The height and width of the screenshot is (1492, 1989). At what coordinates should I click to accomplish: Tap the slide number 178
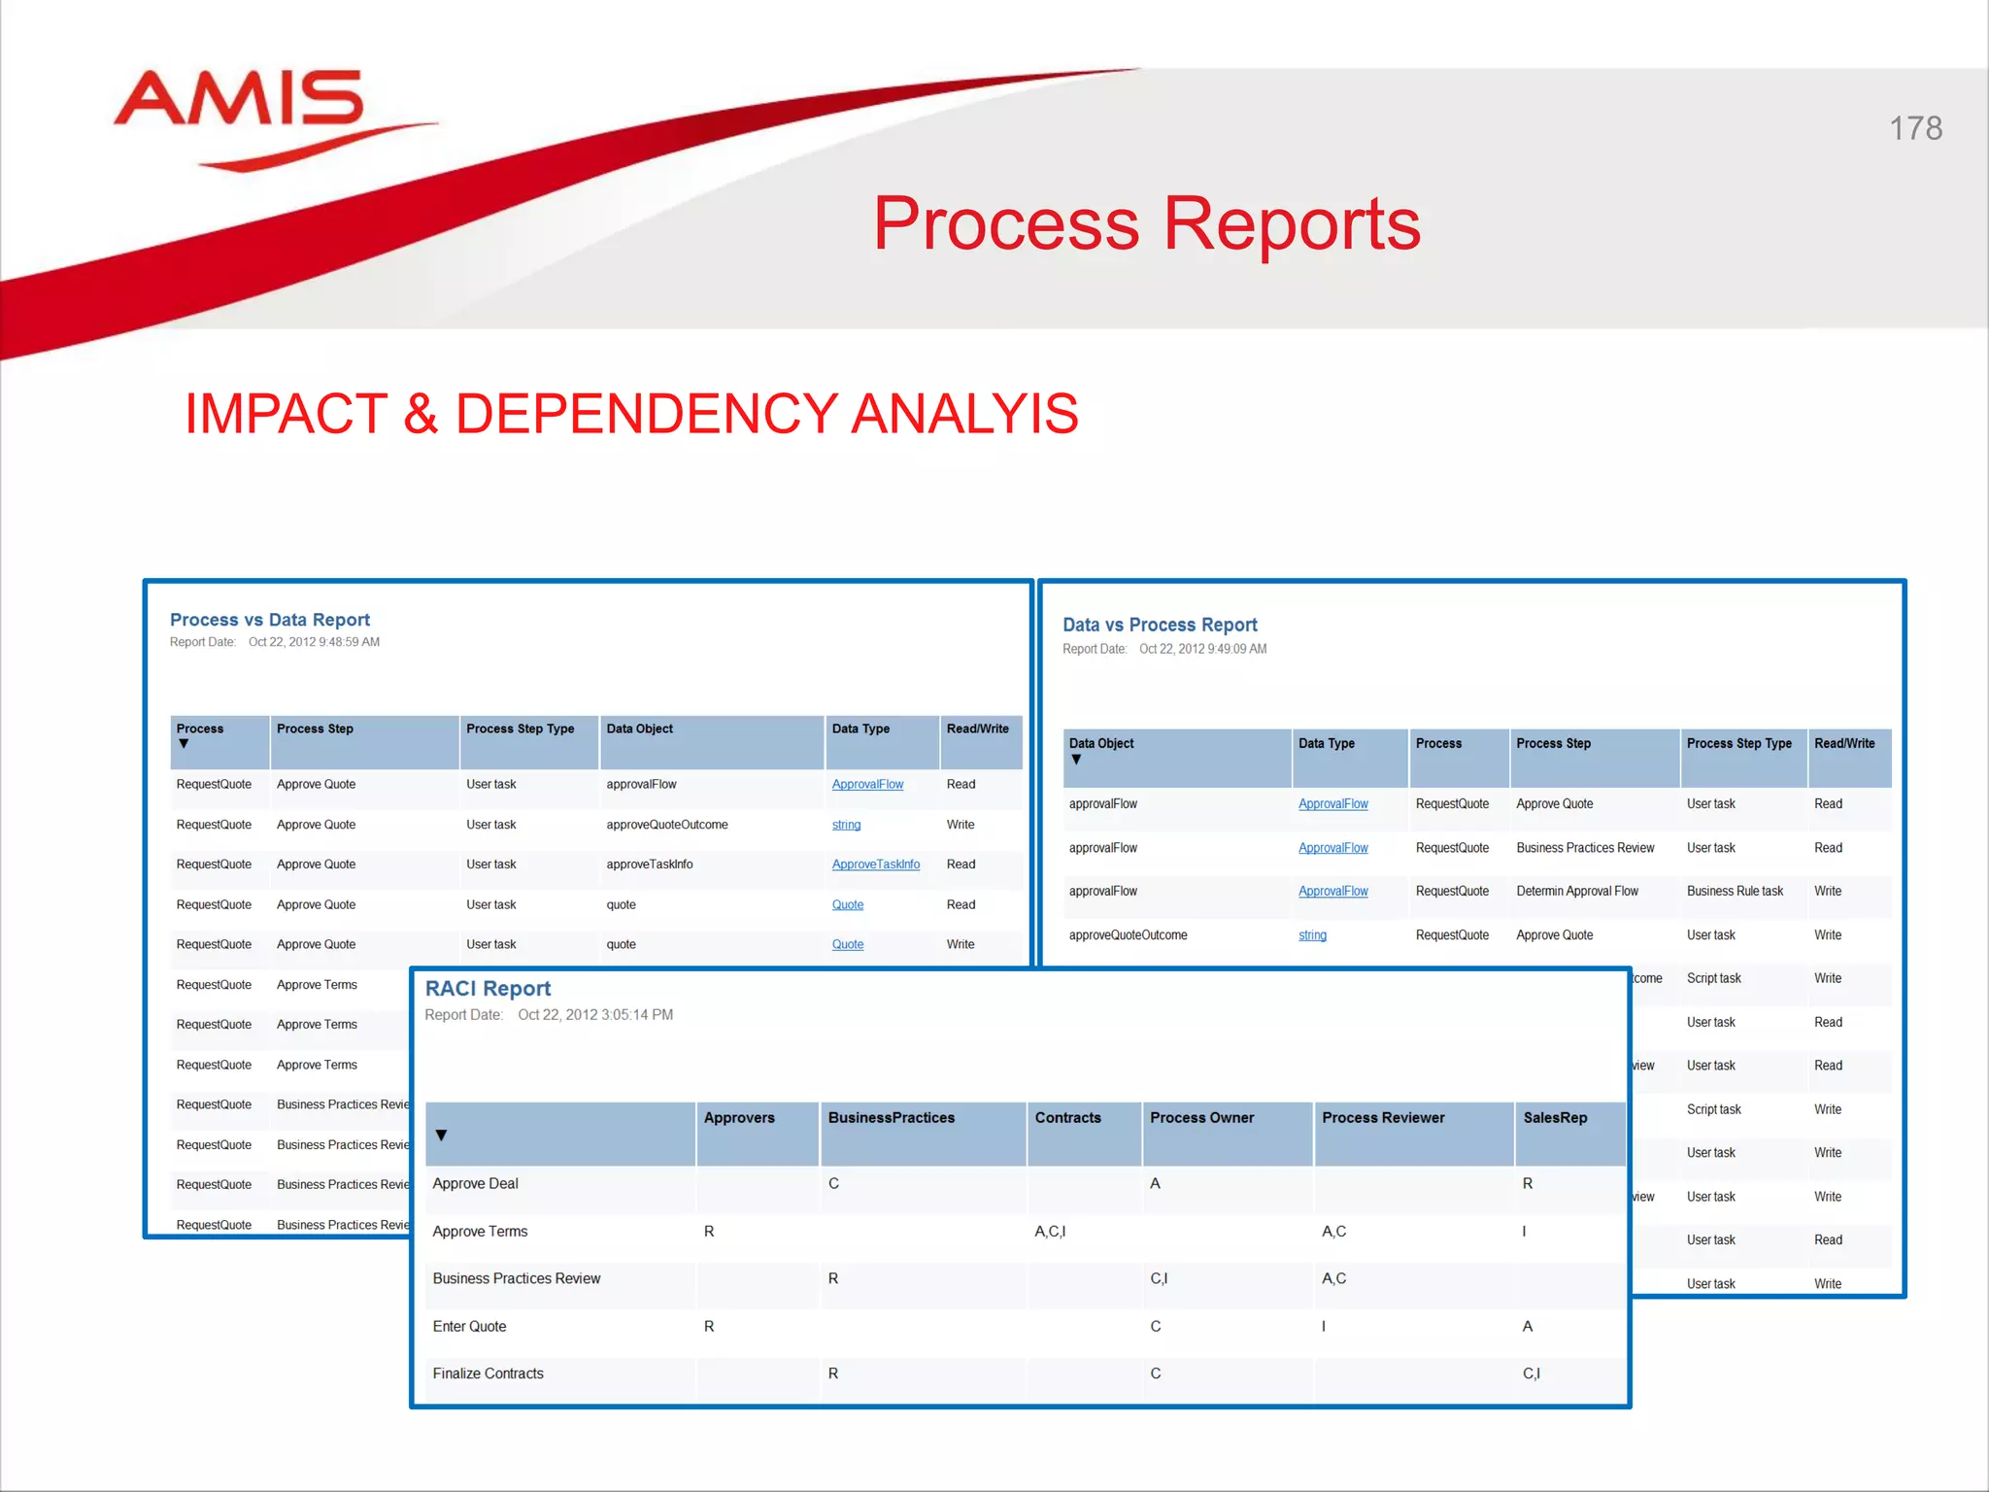coord(1915,128)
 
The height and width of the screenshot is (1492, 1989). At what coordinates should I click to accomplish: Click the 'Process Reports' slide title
coord(1146,223)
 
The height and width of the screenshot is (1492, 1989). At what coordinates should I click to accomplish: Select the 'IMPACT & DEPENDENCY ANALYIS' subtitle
coord(631,414)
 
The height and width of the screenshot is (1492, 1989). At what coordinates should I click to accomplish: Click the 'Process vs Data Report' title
coord(270,620)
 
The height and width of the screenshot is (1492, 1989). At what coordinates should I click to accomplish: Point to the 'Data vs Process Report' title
coord(1160,625)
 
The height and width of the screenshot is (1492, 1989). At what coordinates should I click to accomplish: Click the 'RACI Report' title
coord(488,989)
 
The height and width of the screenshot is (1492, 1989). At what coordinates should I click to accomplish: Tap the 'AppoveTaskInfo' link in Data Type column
coord(875,865)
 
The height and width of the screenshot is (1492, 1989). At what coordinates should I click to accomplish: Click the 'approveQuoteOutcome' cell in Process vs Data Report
coord(666,825)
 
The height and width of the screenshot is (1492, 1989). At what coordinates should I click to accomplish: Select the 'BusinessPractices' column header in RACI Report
coord(891,1118)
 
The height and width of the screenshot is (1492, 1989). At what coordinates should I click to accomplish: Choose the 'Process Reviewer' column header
coord(1383,1118)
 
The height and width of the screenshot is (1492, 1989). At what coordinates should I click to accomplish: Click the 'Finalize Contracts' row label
coord(488,1373)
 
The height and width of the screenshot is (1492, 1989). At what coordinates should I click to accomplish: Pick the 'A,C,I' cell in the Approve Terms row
coord(1050,1232)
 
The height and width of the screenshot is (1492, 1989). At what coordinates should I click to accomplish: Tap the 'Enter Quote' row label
coord(469,1327)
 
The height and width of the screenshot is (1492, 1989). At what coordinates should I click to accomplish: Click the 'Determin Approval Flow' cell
coord(1576,892)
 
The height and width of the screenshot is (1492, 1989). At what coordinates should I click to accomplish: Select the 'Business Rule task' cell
coord(1735,892)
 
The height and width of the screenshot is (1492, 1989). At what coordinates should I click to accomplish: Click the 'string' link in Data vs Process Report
coord(1312,935)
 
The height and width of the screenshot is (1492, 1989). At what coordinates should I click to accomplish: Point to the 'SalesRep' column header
coord(1555,1118)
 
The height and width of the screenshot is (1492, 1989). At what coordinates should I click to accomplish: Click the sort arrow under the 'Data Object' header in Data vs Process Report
coord(1076,760)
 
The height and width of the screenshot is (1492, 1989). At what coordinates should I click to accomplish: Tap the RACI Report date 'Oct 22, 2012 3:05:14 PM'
coord(595,1015)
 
